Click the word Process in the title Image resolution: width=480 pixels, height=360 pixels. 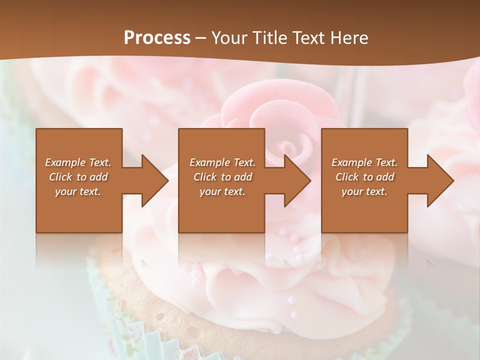pyautogui.click(x=157, y=38)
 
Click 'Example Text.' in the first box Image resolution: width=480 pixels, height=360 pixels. pyautogui.click(x=78, y=162)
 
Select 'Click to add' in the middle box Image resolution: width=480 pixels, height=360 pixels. pyautogui.click(x=222, y=177)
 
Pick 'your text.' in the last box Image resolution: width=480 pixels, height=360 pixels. pyautogui.click(x=364, y=191)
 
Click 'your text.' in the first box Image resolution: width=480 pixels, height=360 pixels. pyautogui.click(x=78, y=191)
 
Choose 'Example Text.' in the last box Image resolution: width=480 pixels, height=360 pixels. pyautogui.click(x=364, y=162)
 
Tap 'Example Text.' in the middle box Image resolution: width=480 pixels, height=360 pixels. pyautogui.click(x=222, y=162)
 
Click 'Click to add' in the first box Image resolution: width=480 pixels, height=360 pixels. pyautogui.click(x=78, y=177)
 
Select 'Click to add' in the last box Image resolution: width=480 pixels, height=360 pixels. pyautogui.click(x=364, y=177)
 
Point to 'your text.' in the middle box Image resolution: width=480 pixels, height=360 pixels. pyautogui.click(x=222, y=191)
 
